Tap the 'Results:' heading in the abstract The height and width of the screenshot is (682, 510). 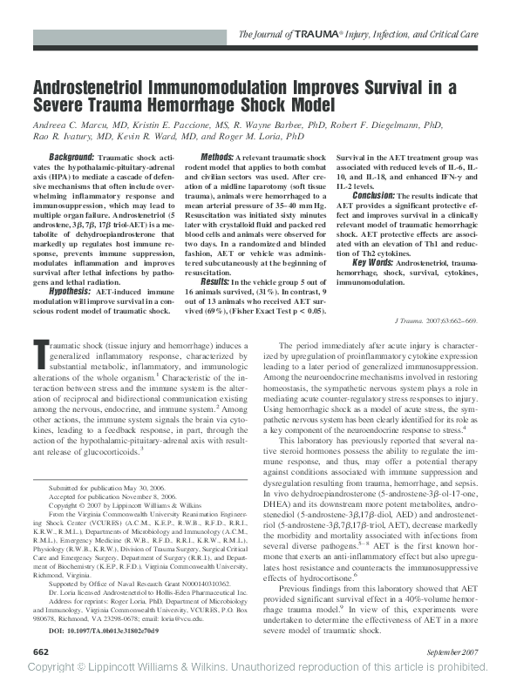coord(215,281)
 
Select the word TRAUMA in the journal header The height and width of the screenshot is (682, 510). coord(306,34)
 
